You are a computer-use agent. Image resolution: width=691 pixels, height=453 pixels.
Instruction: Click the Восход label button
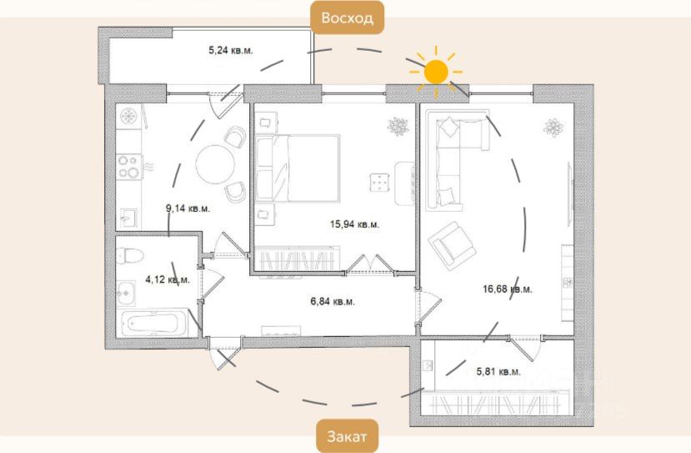click(x=348, y=18)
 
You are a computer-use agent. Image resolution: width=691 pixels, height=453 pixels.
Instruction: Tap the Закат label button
click(x=347, y=436)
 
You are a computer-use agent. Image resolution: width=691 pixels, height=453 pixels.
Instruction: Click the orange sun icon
click(x=436, y=72)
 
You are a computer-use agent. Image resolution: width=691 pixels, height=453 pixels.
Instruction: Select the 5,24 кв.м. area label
click(x=231, y=50)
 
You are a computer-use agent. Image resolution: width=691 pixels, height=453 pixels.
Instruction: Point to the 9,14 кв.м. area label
click(x=188, y=209)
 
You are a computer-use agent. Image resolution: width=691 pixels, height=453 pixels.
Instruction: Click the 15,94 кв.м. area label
click(x=355, y=224)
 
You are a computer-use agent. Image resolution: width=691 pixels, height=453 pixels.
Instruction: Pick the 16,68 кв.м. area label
click(x=508, y=289)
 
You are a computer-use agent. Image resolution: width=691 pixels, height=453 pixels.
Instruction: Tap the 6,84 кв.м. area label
click(x=333, y=302)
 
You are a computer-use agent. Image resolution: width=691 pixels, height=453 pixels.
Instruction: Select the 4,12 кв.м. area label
click(x=168, y=279)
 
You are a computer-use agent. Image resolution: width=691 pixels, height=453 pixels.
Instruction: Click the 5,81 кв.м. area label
click(x=498, y=372)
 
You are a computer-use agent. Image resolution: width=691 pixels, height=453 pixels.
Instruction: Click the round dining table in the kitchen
click(x=215, y=164)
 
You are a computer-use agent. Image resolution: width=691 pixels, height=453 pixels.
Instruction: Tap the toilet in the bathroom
click(x=130, y=256)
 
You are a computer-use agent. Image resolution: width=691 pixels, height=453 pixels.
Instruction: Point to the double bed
click(x=298, y=169)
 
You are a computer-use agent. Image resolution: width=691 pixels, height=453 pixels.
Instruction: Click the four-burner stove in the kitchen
click(x=128, y=167)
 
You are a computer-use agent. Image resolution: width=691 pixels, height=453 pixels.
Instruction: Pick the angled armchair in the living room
click(x=452, y=245)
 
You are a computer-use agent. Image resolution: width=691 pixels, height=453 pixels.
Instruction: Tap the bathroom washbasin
click(x=126, y=293)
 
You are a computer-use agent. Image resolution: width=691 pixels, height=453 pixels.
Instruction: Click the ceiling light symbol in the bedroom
click(x=398, y=127)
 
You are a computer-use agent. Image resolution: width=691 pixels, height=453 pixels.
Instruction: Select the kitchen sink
click(x=128, y=218)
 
